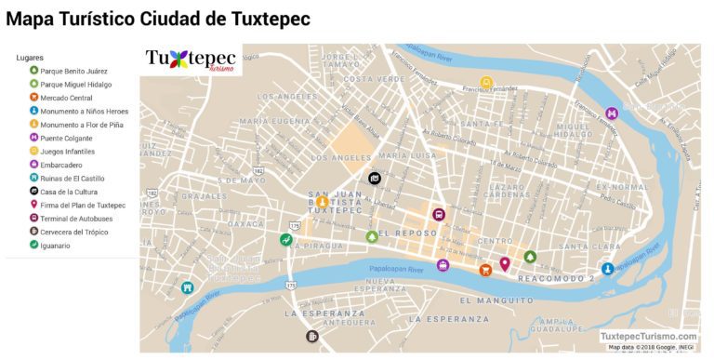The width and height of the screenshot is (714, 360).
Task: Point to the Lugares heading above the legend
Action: [x=30, y=58]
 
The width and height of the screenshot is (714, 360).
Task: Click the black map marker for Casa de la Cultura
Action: [x=374, y=178]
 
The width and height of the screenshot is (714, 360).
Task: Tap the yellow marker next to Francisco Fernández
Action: [x=485, y=83]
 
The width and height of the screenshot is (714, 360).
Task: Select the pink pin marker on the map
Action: [x=505, y=263]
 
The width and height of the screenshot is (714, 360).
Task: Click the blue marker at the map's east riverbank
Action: [x=607, y=269]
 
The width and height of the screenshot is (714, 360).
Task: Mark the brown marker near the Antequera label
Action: [x=312, y=336]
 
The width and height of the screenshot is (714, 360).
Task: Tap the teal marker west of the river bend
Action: [x=188, y=287]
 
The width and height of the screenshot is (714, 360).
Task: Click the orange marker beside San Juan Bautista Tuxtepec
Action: [x=323, y=202]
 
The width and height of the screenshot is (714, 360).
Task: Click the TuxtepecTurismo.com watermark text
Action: [x=648, y=336]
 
